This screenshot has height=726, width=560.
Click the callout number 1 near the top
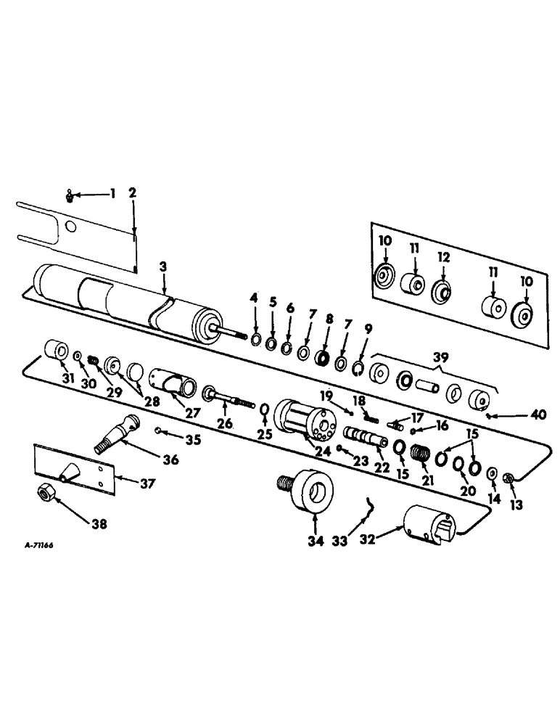tap(112, 193)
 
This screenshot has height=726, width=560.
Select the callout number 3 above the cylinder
tap(164, 267)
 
